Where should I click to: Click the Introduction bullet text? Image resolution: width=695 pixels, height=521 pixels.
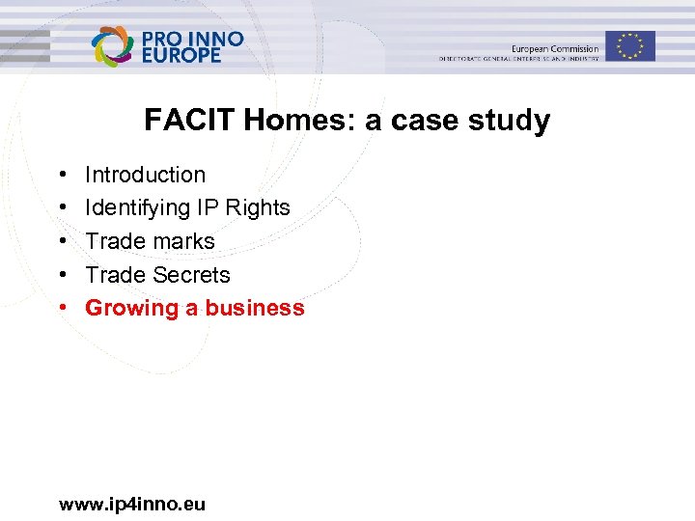point(145,175)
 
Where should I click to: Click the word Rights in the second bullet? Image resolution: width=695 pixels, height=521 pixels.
point(258,207)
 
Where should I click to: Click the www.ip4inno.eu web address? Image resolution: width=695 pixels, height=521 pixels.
point(132,504)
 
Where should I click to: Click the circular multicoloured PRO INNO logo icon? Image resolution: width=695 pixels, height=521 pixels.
point(112,46)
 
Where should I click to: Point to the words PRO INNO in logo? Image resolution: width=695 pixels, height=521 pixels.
point(193,39)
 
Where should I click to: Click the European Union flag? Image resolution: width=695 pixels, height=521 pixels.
point(631,45)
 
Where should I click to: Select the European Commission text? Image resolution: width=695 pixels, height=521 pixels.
point(555,49)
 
